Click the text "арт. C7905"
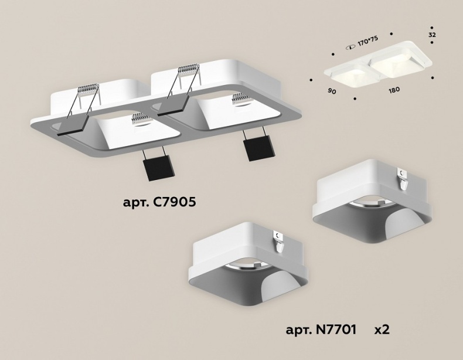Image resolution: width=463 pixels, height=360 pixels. tap(159, 203)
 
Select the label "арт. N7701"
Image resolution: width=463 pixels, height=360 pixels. tap(321, 329)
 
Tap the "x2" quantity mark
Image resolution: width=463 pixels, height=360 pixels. tap(382, 329)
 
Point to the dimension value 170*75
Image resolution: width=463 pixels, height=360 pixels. tap(369, 42)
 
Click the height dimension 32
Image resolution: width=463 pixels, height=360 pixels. tap(432, 35)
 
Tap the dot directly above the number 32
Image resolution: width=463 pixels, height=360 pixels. tap(431, 27)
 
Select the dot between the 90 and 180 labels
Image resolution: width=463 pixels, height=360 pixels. tap(355, 98)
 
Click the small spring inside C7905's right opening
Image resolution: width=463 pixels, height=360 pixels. tap(240, 99)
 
